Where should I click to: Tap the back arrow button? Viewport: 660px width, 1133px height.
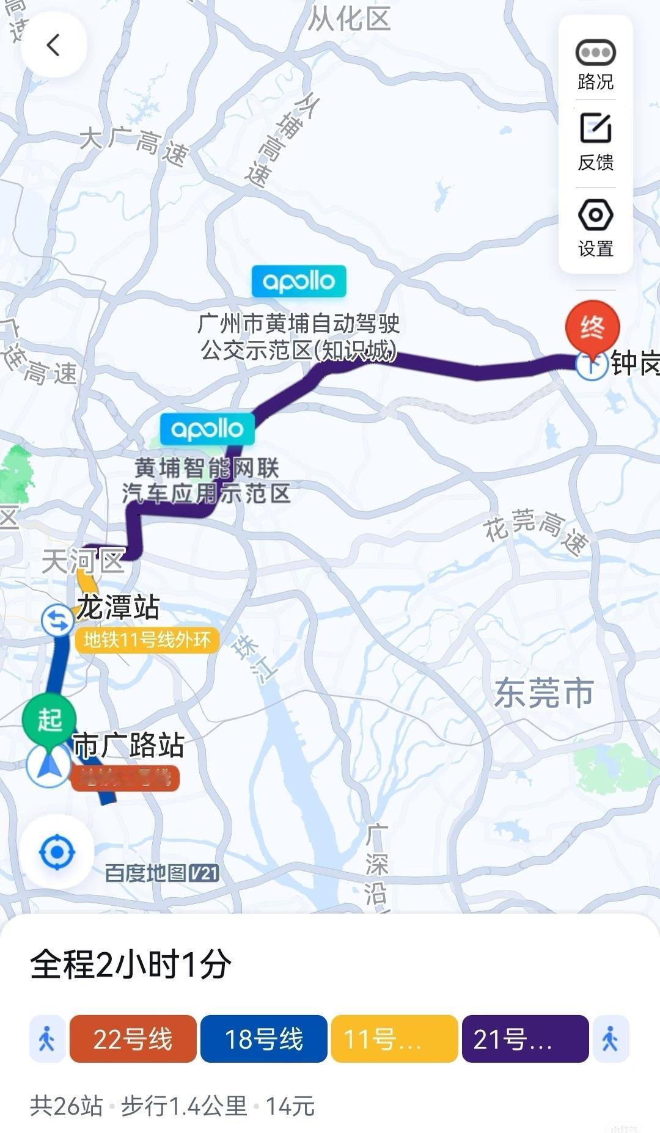(x=54, y=45)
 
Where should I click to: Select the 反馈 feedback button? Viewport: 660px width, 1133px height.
(x=595, y=142)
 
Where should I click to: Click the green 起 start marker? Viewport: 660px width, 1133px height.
(x=50, y=720)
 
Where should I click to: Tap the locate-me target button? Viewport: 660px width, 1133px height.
(x=57, y=851)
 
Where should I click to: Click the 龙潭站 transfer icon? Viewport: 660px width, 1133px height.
(x=57, y=620)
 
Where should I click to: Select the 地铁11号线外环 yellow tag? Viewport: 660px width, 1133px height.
(x=147, y=640)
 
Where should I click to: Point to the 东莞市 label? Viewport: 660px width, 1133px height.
(x=543, y=693)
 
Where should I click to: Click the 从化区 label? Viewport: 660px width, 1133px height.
(x=349, y=18)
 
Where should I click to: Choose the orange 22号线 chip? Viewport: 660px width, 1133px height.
(x=133, y=1039)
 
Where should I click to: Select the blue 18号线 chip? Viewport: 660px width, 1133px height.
(x=264, y=1039)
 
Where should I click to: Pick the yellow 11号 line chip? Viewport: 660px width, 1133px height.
(x=394, y=1039)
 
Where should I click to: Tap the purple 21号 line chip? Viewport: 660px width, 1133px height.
(x=525, y=1039)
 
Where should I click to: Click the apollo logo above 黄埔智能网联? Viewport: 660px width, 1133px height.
(x=207, y=429)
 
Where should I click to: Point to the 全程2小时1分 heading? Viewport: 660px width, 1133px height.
(x=131, y=964)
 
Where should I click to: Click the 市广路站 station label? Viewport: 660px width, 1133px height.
(x=128, y=745)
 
